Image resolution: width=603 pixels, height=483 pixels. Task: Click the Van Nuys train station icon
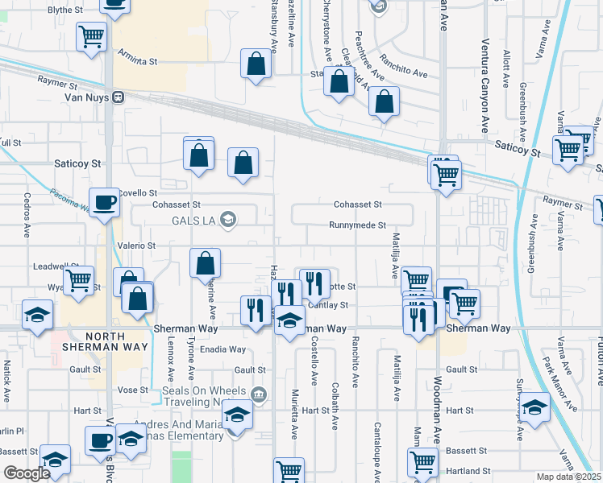(118, 97)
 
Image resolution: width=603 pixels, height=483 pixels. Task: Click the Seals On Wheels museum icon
(258, 394)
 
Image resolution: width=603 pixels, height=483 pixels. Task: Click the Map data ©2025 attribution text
(568, 477)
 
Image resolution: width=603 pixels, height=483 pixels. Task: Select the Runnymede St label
(357, 225)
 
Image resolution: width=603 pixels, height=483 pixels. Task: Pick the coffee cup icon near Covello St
(103, 203)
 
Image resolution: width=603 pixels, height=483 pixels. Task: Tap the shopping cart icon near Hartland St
(422, 462)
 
